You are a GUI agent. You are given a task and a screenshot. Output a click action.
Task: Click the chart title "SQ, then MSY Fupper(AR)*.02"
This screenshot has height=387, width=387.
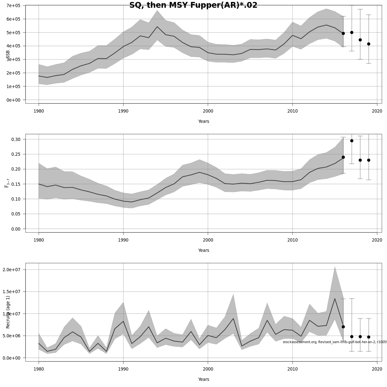click(193, 5)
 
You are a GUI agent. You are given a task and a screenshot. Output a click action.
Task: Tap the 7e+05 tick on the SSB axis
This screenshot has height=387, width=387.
click(13, 5)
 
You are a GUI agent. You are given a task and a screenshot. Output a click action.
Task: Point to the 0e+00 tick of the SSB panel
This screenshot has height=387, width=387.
click(13, 100)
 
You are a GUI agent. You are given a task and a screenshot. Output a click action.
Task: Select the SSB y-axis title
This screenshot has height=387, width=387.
click(8, 55)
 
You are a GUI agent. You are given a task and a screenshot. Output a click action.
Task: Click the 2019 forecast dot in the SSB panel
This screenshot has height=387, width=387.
click(369, 44)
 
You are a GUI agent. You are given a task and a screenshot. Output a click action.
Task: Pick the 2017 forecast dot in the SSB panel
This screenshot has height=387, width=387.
click(352, 33)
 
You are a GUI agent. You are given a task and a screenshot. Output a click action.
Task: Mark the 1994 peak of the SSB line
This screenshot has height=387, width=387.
click(157, 27)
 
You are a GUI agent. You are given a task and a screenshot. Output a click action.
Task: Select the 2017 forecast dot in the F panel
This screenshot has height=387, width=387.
click(352, 141)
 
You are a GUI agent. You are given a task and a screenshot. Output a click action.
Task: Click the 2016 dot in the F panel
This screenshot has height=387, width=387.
click(343, 157)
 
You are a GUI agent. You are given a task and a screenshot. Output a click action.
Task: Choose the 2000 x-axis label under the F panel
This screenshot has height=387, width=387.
click(208, 240)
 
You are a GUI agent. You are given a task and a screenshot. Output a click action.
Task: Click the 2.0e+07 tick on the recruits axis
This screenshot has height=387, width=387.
click(13, 270)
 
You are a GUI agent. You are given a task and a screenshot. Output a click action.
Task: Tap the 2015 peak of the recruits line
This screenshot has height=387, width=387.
click(335, 299)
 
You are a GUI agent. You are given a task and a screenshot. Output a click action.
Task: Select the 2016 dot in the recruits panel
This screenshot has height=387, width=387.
click(343, 327)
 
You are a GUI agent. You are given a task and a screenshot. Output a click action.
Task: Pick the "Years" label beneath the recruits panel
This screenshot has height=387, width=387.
click(203, 379)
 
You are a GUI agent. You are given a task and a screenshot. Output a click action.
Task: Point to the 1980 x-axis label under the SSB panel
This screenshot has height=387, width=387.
click(39, 111)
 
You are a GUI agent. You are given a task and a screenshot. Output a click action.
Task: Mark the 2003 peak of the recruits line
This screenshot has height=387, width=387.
click(233, 319)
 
